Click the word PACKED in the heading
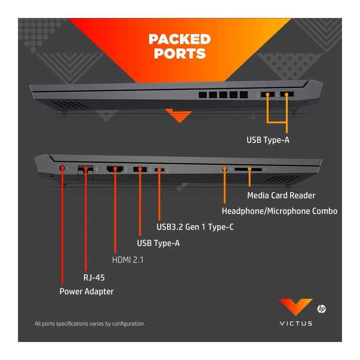pyautogui.click(x=180, y=39)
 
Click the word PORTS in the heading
pyautogui.click(x=180, y=54)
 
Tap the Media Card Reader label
pyautogui.click(x=281, y=196)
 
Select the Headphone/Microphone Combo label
pyautogui.click(x=280, y=211)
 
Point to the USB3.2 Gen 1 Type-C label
pyautogui.click(x=195, y=227)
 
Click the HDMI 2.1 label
pyautogui.click(x=128, y=260)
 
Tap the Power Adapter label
pyautogui.click(x=86, y=292)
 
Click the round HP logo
pyautogui.click(x=321, y=309)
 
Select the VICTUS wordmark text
pyautogui.click(x=296, y=323)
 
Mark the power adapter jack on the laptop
pyautogui.click(x=62, y=168)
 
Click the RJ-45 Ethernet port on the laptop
pyautogui.click(x=85, y=169)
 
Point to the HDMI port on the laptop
pyautogui.click(x=115, y=170)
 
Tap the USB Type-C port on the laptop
pyautogui.click(x=160, y=170)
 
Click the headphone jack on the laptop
pyautogui.click(x=225, y=169)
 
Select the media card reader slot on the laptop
pyautogui.click(x=248, y=170)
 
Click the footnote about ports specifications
pyautogui.click(x=90, y=324)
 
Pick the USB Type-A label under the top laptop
pyautogui.click(x=268, y=140)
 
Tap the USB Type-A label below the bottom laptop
pyautogui.click(x=158, y=243)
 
